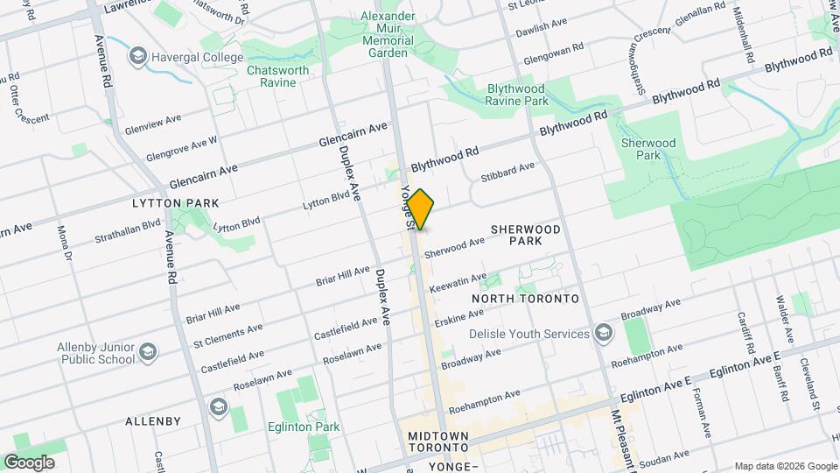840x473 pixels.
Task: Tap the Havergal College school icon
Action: (x=137, y=58)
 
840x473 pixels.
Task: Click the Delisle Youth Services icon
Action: (x=603, y=334)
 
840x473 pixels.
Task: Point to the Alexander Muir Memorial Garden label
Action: (x=388, y=34)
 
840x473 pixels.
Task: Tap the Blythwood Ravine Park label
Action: (x=516, y=95)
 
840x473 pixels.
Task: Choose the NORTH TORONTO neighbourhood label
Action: (x=525, y=299)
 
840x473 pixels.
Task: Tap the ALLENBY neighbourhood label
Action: (x=153, y=420)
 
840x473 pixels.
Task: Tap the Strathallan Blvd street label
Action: (x=129, y=230)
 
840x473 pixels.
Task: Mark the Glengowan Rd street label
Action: (x=553, y=54)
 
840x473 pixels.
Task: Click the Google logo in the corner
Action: (x=29, y=462)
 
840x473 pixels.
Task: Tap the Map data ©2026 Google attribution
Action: (x=785, y=466)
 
